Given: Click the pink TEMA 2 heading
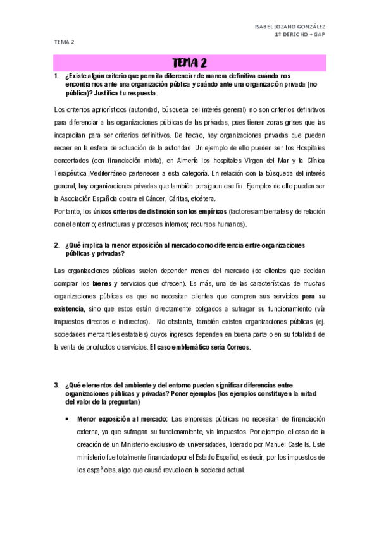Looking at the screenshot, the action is (189, 63).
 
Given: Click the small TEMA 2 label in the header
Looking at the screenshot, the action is (63, 42).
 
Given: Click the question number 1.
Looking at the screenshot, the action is (56, 76).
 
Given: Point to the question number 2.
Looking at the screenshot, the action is (56, 245).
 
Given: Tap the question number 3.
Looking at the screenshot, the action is (56, 385).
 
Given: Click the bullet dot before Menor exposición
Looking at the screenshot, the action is (67, 418).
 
